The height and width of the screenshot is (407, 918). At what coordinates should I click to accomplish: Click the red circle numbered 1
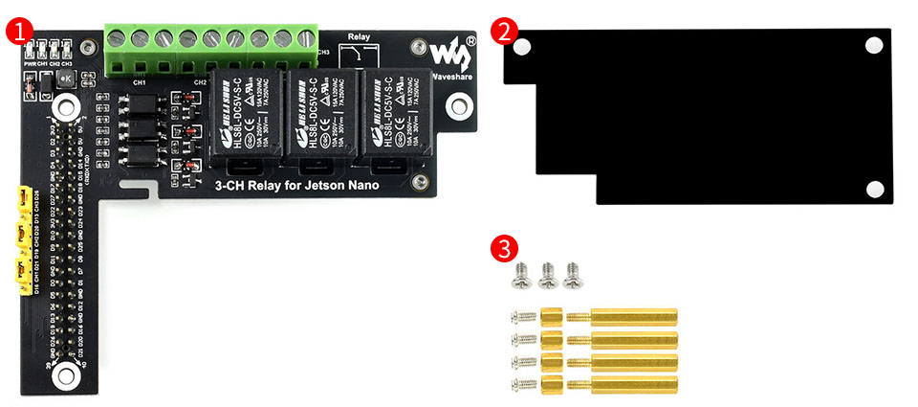point(19,29)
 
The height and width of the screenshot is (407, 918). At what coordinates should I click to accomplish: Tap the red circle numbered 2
point(505,29)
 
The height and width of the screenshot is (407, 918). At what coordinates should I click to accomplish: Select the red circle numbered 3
point(505,247)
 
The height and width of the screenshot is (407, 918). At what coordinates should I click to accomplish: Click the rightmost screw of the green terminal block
point(306,39)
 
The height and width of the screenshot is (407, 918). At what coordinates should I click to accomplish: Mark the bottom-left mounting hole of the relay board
point(65,373)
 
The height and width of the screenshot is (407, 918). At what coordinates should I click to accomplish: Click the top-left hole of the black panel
point(521,45)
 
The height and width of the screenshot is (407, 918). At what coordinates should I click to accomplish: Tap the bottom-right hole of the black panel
point(873,189)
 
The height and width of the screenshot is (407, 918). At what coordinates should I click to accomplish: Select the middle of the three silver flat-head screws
point(546,275)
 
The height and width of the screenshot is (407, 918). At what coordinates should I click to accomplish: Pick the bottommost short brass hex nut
point(551,386)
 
